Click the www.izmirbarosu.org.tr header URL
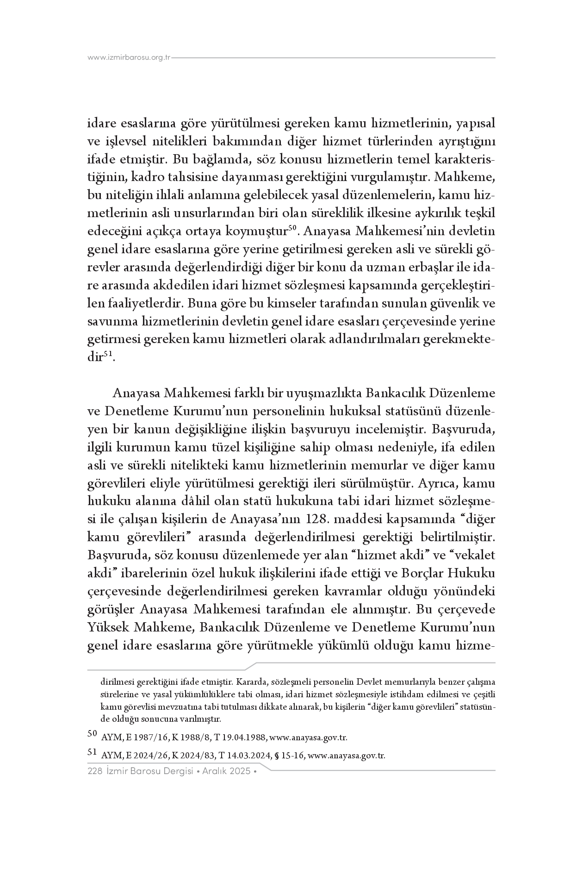pos(129,58)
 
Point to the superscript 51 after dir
pos(107,354)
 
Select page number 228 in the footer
pos(94,771)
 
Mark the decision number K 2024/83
pos(192,756)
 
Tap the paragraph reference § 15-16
pos(290,756)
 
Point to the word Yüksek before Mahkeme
pos(109,627)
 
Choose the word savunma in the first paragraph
pos(110,321)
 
